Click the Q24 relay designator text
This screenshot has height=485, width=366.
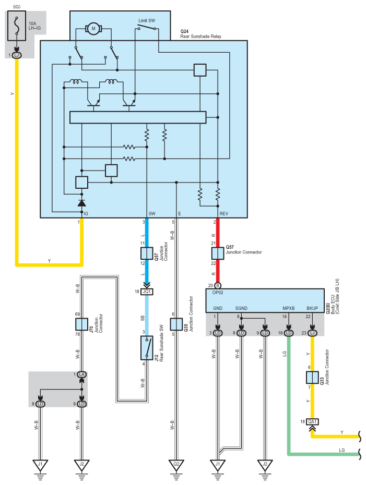(x=184, y=32)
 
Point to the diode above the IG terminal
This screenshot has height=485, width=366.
(x=81, y=202)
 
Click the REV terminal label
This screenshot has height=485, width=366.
(x=224, y=214)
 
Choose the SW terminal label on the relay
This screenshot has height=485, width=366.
(x=152, y=214)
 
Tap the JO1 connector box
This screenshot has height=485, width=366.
(x=147, y=292)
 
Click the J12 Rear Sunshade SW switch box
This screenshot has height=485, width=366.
(x=147, y=348)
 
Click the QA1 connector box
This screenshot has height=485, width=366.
(x=313, y=422)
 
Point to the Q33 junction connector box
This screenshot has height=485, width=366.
(x=312, y=377)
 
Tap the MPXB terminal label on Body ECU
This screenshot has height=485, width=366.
(x=288, y=308)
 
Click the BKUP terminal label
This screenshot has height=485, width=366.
(x=312, y=308)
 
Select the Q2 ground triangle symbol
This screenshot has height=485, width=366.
(x=176, y=463)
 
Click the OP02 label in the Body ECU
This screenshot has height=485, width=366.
(x=218, y=293)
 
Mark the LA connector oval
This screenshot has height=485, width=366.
(x=81, y=374)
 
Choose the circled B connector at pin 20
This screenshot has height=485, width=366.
(x=218, y=285)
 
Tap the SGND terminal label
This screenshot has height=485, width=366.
(x=241, y=308)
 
